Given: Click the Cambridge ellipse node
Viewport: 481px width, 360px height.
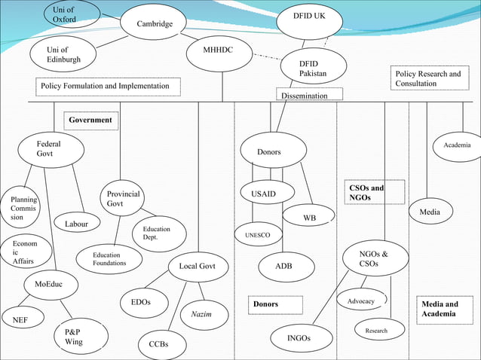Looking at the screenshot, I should pos(155,25).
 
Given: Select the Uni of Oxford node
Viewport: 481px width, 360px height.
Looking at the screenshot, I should pos(65,14).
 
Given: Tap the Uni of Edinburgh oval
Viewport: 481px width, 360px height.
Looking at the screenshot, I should pos(69,54).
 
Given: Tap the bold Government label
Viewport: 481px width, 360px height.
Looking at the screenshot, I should pos(90,120).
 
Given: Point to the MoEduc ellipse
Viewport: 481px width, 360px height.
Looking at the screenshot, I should pos(49,284).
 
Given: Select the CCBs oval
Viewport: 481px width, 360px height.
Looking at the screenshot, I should pos(158,344).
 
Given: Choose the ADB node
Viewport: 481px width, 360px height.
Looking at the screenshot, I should pos(283,266).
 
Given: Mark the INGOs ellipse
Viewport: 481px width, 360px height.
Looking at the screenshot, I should pos(299,338).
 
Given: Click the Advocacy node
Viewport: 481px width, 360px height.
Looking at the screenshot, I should pos(362,301).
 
